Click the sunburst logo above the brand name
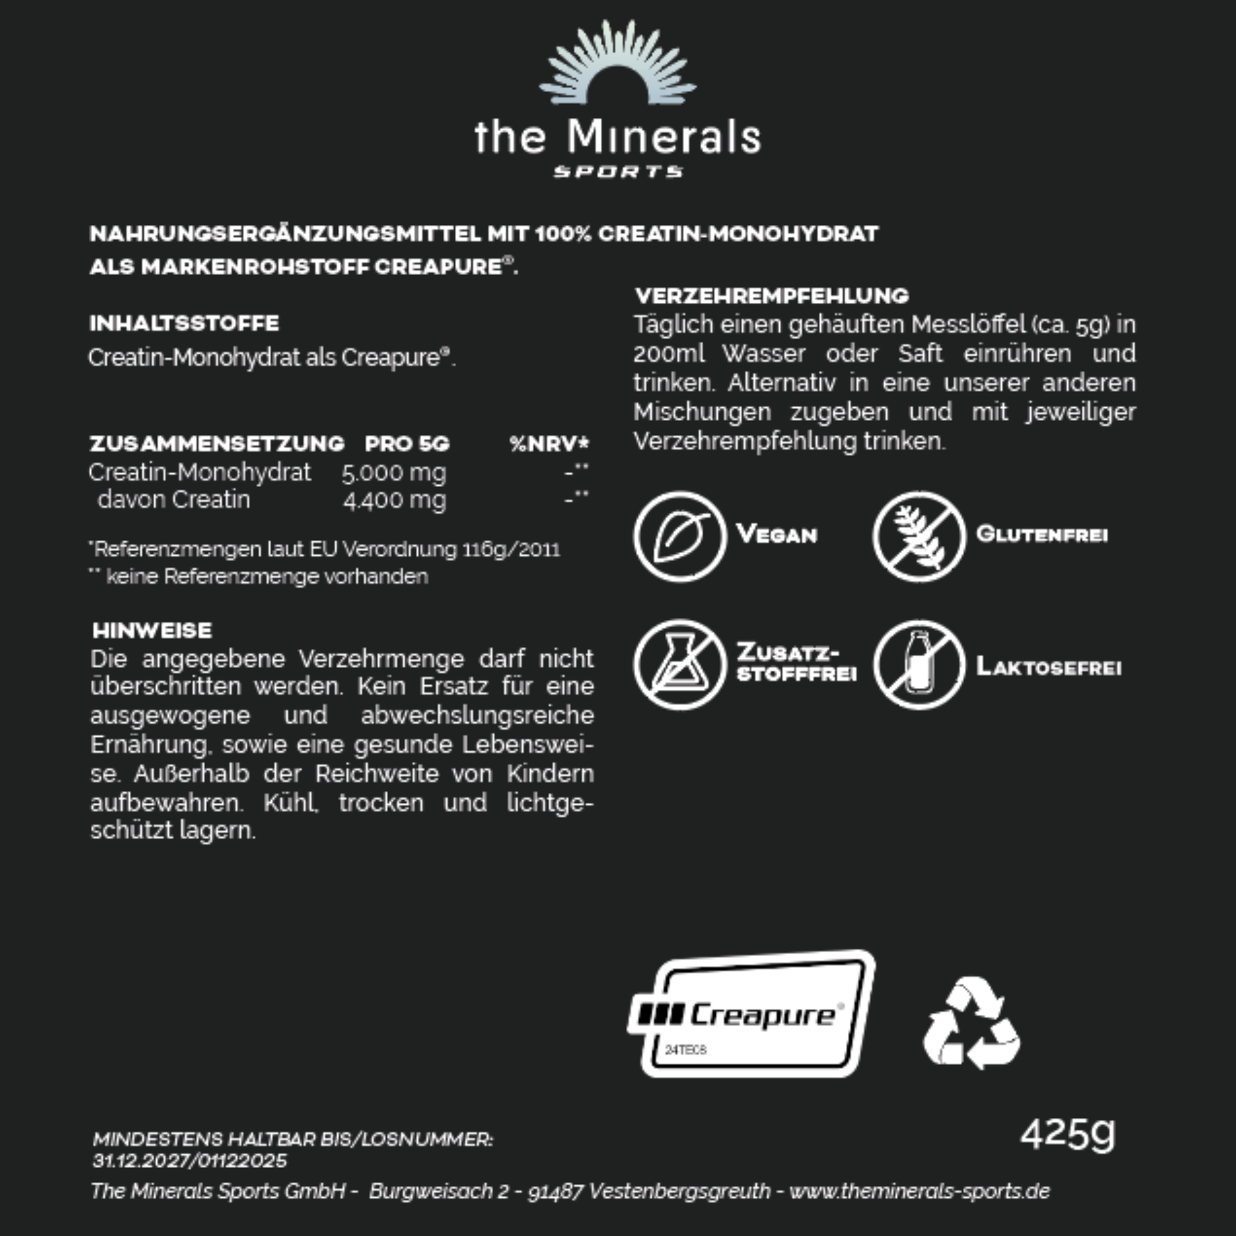(x=617, y=64)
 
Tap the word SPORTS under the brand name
(x=618, y=171)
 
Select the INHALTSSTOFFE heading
(x=184, y=323)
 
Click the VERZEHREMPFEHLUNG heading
(x=772, y=295)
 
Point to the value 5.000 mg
(x=393, y=473)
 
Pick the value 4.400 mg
(x=394, y=500)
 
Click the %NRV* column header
(x=549, y=443)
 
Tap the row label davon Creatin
(x=173, y=499)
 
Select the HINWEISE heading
(x=152, y=630)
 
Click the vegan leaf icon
(x=680, y=536)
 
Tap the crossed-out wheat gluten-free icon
(x=918, y=536)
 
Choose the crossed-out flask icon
(x=680, y=665)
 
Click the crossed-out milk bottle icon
(x=918, y=665)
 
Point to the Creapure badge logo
(x=752, y=1014)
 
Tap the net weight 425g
(x=1067, y=1135)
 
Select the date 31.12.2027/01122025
(x=190, y=1160)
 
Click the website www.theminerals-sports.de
(x=919, y=1190)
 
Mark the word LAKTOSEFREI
(x=1049, y=668)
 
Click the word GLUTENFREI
(x=1042, y=534)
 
